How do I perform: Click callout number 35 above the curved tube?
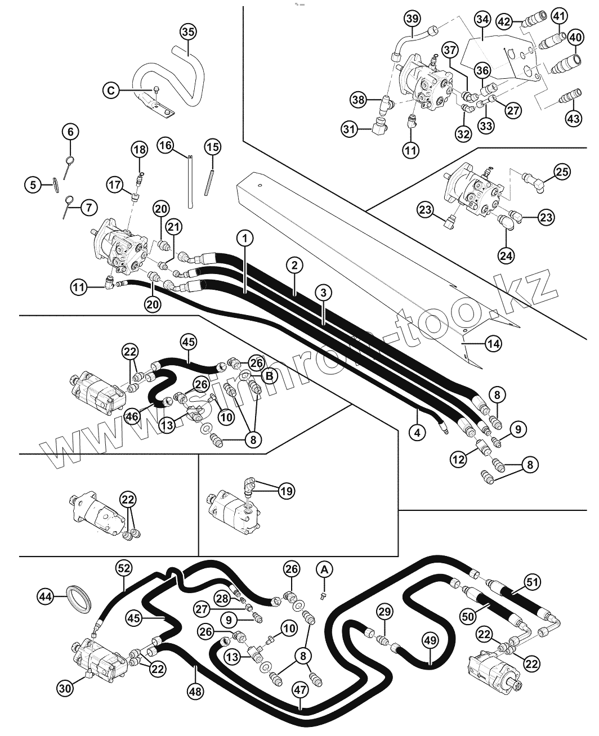189,32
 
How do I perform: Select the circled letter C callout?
111,89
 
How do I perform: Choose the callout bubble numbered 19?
286,491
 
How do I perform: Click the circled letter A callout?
324,569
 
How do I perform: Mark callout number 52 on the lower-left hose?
124,568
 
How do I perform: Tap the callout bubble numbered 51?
532,581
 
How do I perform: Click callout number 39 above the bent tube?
412,19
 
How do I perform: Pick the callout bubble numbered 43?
572,119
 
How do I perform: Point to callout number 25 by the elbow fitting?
561,172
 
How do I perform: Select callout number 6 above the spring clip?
70,132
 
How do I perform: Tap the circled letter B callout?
270,375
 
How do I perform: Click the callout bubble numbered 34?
482,19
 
